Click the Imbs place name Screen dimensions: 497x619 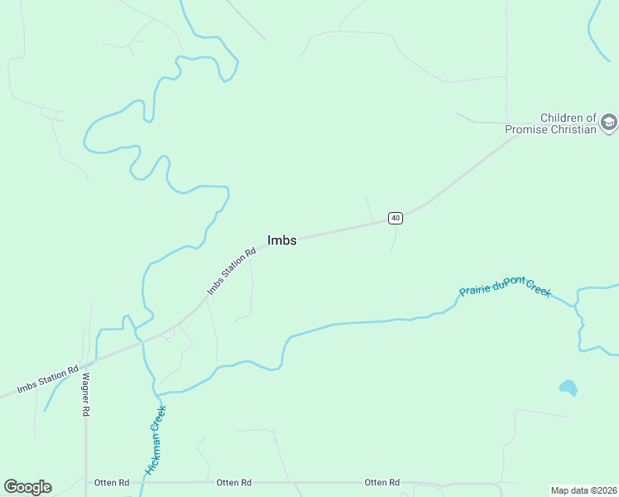pos(281,240)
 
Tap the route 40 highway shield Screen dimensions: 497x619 pos(396,218)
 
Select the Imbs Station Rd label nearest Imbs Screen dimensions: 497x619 pos(232,270)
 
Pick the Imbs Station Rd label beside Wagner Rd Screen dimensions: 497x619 pos(49,379)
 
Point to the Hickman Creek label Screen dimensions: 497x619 pos(156,440)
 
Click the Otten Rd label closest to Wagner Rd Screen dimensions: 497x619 pos(111,482)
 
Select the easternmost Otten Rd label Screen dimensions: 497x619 pos(382,482)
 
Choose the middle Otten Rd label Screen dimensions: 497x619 pos(233,482)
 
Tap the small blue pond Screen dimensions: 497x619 pos(568,387)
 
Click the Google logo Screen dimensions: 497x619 pos(27,487)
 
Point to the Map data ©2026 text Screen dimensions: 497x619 pos(583,490)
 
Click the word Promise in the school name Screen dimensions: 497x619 pos(530,129)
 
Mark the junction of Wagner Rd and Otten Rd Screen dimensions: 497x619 pos(85,481)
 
